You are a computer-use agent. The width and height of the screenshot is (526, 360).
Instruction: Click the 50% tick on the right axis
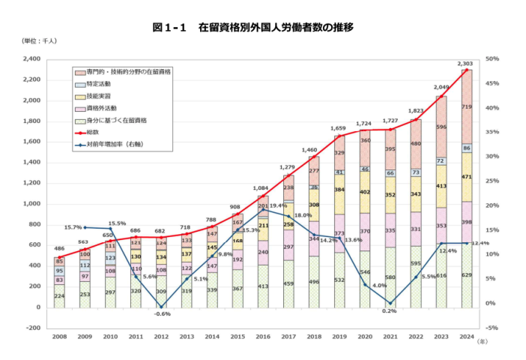point(492,58)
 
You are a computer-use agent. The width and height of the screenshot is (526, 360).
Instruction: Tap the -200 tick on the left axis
point(33,328)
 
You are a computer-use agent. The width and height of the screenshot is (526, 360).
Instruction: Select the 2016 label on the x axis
point(263,338)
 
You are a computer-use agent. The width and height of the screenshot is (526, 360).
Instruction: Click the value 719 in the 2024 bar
point(467,108)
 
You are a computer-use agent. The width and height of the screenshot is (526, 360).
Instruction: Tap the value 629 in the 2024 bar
point(467,276)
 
